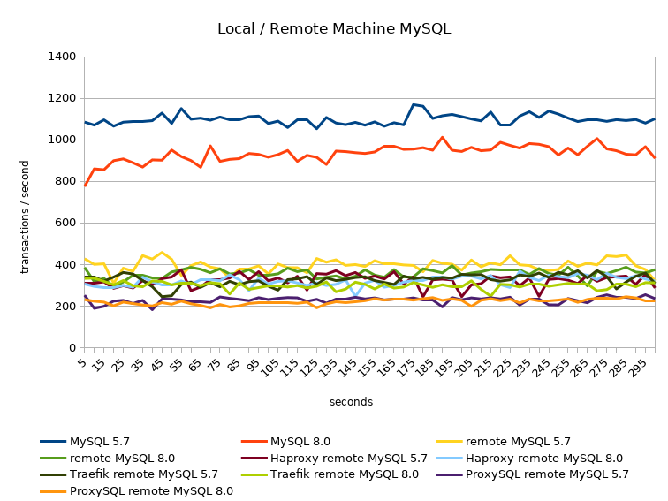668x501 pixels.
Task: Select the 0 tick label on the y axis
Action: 72,348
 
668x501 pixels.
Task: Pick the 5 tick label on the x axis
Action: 84,363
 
